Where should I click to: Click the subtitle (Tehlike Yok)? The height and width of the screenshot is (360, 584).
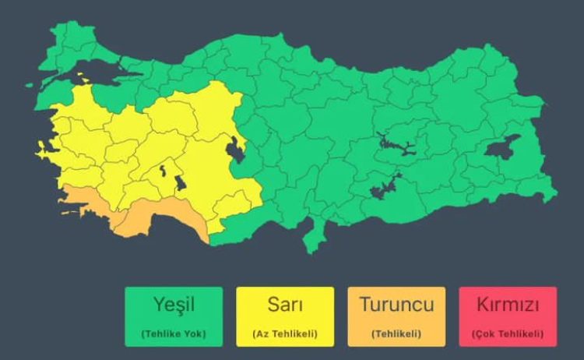[x=174, y=334]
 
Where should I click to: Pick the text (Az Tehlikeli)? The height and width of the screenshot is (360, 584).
[x=284, y=334]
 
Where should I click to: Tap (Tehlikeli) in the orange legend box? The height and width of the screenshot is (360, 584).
[x=396, y=334]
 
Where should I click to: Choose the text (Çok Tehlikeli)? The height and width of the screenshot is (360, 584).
[x=508, y=334]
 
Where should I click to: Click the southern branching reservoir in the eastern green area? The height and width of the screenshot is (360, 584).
[x=385, y=188]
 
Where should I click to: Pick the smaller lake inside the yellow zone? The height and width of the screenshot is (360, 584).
[x=164, y=171]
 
